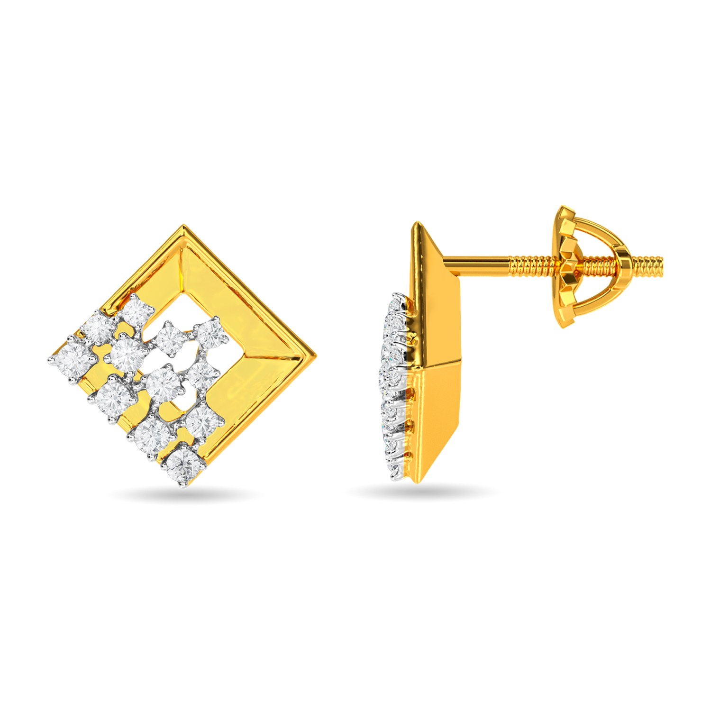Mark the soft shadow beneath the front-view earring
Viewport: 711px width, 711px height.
pos(185,495)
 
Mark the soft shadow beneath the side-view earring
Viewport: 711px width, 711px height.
pos(422,493)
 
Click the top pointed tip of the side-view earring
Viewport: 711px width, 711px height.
pos(417,224)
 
